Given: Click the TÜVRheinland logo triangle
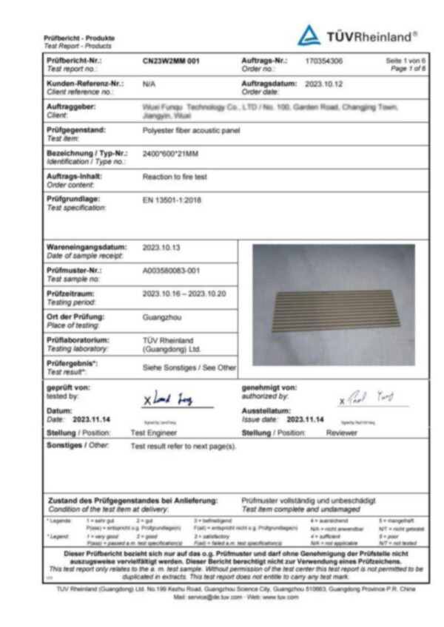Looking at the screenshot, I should (309, 35).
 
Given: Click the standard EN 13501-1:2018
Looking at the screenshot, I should (172, 200).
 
